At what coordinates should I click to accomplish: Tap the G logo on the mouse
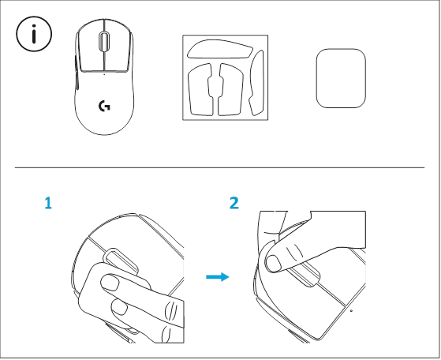point(104,106)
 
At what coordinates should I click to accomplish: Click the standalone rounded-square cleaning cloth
point(341,79)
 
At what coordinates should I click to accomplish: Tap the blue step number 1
point(48,204)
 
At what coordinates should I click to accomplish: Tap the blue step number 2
point(234,204)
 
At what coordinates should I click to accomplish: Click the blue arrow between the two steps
point(216,277)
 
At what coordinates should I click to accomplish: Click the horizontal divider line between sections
point(220,167)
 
